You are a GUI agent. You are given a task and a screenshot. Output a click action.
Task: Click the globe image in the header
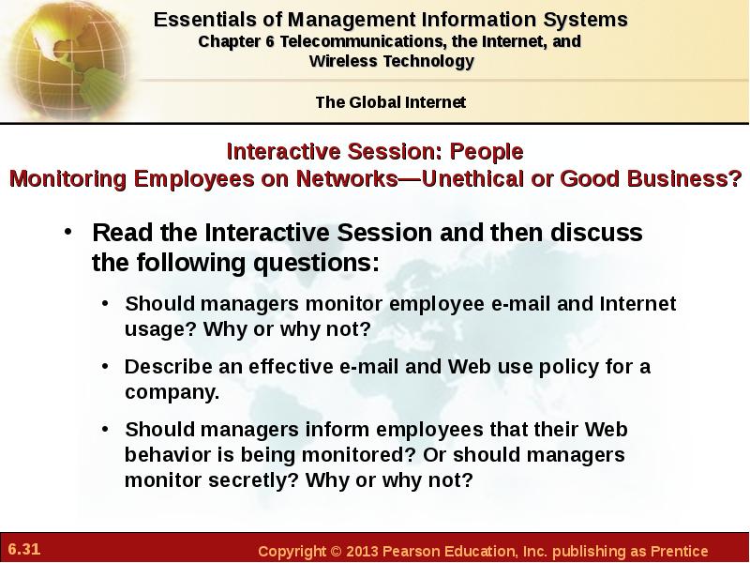(67, 60)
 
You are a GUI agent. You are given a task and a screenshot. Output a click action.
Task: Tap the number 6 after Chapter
(270, 41)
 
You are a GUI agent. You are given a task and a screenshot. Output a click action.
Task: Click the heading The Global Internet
(390, 102)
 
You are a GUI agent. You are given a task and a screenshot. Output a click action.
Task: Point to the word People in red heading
(487, 152)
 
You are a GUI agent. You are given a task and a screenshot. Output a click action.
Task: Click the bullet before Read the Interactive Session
(68, 232)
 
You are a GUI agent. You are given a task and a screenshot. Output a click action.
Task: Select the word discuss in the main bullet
(596, 233)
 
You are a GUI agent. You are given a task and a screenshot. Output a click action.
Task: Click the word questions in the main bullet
(316, 264)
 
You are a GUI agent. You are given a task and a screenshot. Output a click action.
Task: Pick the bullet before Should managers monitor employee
(105, 303)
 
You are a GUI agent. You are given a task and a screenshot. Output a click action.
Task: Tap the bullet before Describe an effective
(105, 366)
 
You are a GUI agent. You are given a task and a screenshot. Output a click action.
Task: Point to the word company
(172, 392)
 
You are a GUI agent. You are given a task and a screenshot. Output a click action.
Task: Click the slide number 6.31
(24, 549)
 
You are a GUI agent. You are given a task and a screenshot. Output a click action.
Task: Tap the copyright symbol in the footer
(337, 551)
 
